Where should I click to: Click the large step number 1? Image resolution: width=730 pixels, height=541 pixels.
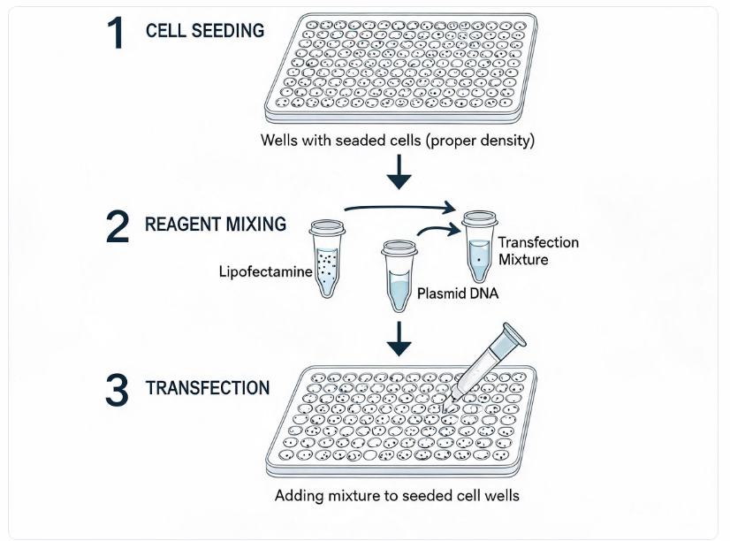pyautogui.click(x=116, y=32)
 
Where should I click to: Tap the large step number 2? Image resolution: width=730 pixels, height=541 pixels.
pyautogui.click(x=118, y=226)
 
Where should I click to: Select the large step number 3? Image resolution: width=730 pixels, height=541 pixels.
pyautogui.click(x=117, y=390)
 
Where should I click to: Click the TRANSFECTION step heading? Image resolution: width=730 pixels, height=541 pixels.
pyautogui.click(x=208, y=387)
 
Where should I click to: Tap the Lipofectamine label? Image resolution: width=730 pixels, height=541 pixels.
pyautogui.click(x=265, y=271)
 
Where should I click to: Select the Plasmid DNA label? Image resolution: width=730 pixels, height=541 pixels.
pyautogui.click(x=458, y=293)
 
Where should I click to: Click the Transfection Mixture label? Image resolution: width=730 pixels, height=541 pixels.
pyautogui.click(x=538, y=250)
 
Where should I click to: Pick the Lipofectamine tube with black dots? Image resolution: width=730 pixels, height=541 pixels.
pyautogui.click(x=327, y=258)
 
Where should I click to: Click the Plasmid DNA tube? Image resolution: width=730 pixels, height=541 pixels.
pyautogui.click(x=399, y=276)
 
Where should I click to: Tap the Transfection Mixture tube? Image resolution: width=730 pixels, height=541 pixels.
pyautogui.click(x=480, y=247)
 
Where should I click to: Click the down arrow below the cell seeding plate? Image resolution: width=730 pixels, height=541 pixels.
pyautogui.click(x=399, y=171)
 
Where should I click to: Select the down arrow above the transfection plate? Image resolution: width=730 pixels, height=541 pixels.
pyautogui.click(x=399, y=339)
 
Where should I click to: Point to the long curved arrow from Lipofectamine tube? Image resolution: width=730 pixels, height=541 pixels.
pyautogui.click(x=399, y=206)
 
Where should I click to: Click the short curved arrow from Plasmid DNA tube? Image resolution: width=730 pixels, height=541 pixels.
pyautogui.click(x=437, y=229)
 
